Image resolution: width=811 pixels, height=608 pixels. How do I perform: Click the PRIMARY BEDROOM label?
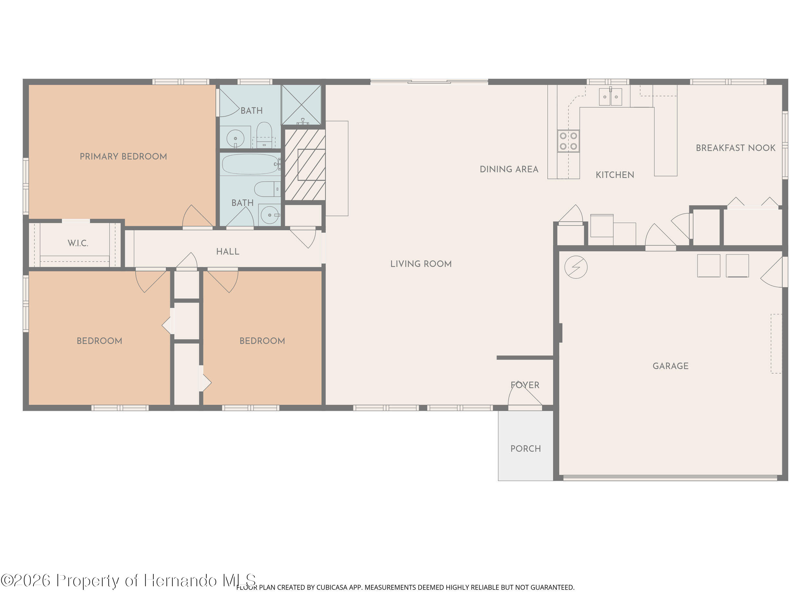123,157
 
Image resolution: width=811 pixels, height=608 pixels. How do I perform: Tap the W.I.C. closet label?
78,243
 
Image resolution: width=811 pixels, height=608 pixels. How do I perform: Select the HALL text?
227,251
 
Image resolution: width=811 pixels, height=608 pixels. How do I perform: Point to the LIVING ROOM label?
420,264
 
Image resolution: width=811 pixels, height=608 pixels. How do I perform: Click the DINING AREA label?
509,169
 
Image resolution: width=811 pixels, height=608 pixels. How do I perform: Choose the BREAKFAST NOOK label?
735,148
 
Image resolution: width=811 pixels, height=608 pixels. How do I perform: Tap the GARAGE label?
670,366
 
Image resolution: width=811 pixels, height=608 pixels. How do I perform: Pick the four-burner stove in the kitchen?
568,141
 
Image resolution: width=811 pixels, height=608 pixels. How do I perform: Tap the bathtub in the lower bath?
250,164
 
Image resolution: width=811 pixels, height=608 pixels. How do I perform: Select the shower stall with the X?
301,104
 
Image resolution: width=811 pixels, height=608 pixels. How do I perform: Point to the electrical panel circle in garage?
575,267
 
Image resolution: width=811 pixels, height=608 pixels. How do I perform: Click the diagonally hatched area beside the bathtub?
305,165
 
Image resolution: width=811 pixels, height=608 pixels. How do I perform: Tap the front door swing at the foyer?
524,396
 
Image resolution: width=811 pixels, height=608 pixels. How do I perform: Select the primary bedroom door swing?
197,217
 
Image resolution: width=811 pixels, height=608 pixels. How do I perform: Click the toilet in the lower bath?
267,189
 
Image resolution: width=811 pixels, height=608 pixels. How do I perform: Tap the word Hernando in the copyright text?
180,580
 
